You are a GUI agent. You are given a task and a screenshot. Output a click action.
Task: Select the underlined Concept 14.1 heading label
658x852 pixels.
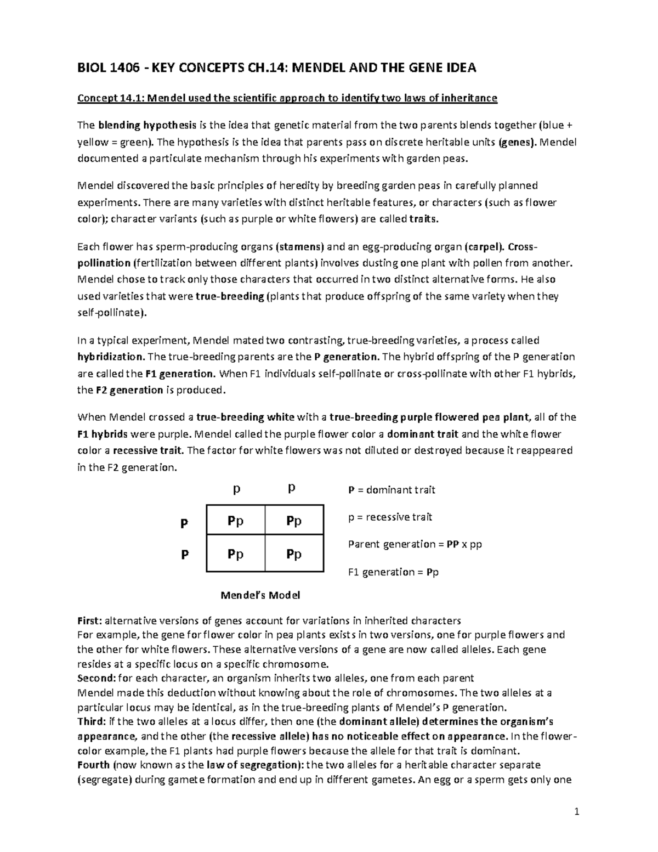(109, 98)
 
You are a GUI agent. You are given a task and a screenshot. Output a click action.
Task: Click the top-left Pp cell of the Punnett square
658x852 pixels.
(235, 521)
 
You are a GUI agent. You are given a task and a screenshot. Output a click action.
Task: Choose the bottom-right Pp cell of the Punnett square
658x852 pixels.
(294, 555)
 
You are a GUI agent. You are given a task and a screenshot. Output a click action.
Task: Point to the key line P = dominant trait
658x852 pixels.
(392, 490)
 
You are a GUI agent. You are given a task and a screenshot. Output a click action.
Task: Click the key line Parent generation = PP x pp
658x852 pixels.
(415, 544)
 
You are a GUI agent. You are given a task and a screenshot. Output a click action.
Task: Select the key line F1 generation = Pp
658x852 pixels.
(393, 572)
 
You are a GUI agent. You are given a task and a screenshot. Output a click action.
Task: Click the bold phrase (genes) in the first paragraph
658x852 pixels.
(518, 142)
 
